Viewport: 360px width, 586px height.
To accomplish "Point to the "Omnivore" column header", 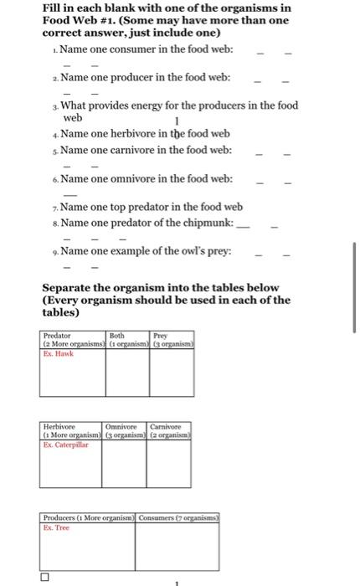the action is [122, 427].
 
